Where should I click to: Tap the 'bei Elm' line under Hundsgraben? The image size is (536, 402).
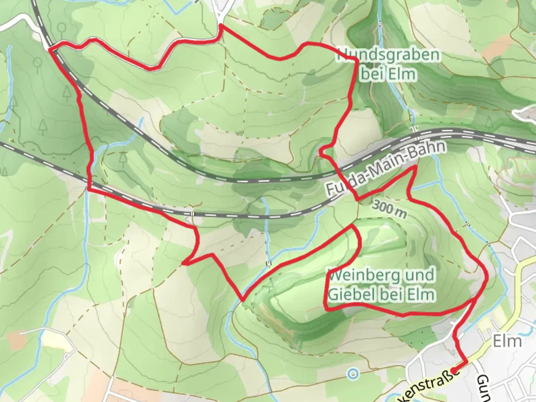tap(388, 74)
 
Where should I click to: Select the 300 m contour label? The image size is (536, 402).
tap(389, 209)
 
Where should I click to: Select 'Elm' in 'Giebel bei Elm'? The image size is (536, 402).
tap(422, 294)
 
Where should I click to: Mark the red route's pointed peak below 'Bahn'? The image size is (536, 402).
tap(415, 168)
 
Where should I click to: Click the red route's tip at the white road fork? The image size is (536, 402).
tap(221, 25)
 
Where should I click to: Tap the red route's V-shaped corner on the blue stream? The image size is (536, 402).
tap(242, 300)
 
